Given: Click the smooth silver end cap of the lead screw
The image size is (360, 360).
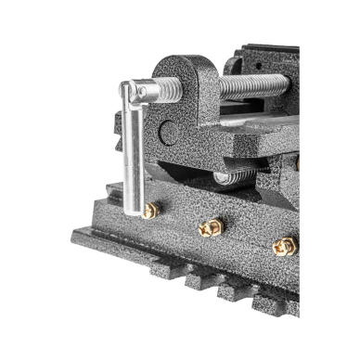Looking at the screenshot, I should (x=141, y=90).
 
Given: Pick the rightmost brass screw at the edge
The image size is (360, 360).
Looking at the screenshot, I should (x=284, y=246).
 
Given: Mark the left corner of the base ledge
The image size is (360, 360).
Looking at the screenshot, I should (x=74, y=235).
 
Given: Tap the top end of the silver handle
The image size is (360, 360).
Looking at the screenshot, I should (x=126, y=89).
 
